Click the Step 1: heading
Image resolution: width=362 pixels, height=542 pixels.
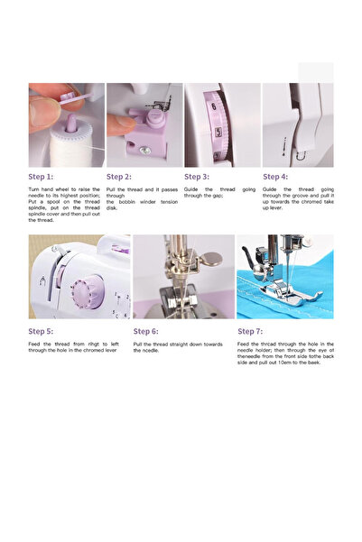click(x=41, y=177)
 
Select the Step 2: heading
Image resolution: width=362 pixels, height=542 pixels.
click(x=119, y=177)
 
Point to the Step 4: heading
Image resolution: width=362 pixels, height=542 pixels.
click(x=275, y=177)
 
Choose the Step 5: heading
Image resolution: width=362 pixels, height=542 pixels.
click(x=41, y=331)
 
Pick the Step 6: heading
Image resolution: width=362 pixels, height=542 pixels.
click(x=146, y=331)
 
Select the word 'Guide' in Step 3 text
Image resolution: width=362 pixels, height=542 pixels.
click(x=192, y=189)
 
